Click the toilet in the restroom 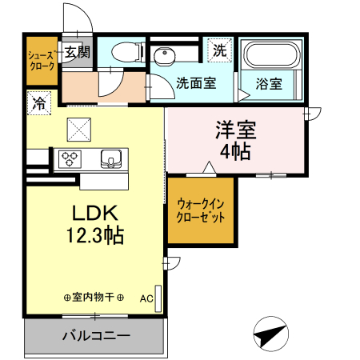point(125,53)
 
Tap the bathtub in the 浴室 point(270,55)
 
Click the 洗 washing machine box point(218,50)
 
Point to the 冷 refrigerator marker point(38,102)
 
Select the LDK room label point(96,214)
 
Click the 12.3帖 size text point(96,237)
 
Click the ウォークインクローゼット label point(200,210)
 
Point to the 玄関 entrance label point(78,53)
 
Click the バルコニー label point(96,335)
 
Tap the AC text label point(146,298)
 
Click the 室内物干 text point(93,298)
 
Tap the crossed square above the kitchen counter point(78,126)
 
